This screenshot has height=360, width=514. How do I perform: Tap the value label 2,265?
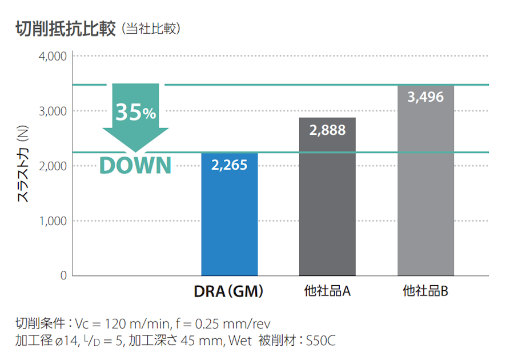[x=230, y=165]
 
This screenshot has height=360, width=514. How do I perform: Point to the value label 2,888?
[x=327, y=130]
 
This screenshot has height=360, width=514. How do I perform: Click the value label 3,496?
[x=425, y=97]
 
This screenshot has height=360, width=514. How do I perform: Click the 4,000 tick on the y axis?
[x=53, y=57]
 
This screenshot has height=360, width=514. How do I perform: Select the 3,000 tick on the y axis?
[x=53, y=111]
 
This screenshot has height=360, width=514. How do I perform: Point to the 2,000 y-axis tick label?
[x=53, y=166]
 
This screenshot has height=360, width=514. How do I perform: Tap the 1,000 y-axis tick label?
[x=53, y=221]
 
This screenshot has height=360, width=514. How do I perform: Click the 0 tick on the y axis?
[x=63, y=276]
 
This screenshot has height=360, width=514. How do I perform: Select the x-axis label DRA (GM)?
[x=228, y=291]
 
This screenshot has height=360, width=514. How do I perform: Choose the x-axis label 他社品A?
[x=327, y=291]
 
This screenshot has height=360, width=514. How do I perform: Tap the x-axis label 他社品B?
[x=425, y=291]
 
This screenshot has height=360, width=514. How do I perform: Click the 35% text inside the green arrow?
[x=135, y=112]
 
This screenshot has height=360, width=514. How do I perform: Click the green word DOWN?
[x=135, y=165]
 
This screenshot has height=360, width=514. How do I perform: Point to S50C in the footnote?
[x=320, y=341]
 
